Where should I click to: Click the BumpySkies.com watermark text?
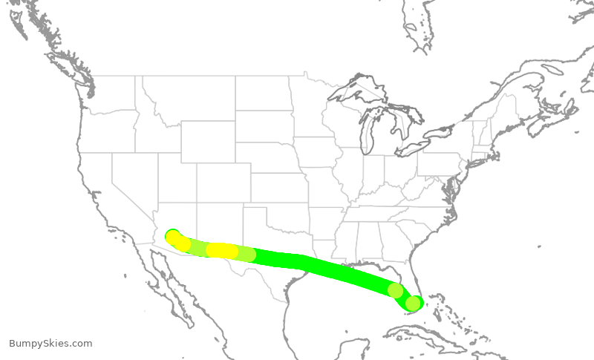click(x=50, y=343)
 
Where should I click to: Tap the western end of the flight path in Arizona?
click(x=172, y=236)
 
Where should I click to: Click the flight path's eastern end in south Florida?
click(x=414, y=303)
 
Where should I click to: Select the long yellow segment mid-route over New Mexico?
click(x=222, y=251)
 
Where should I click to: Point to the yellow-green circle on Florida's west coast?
click(x=396, y=290)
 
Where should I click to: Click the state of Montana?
click(x=189, y=96)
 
